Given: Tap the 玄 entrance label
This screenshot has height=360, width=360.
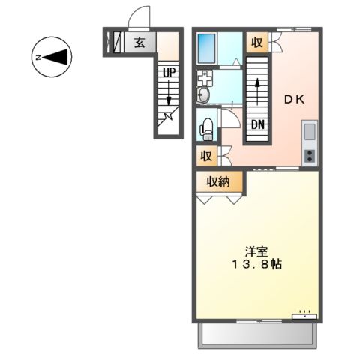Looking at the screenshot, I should coord(139,42).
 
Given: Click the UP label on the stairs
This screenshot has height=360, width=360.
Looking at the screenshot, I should coord(169,73).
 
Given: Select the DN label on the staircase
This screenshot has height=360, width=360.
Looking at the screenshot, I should coord(258,124).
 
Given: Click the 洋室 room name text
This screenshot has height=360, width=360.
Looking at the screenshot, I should coord(255,250).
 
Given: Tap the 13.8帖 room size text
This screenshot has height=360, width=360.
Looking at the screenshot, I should coord(256,265).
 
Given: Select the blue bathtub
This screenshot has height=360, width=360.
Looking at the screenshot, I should coord(206,49).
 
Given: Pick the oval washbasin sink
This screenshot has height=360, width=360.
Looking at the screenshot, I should coord(202,94).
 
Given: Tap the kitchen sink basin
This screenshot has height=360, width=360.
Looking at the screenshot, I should coord(310,133).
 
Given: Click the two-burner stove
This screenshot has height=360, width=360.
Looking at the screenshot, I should coord(310,155).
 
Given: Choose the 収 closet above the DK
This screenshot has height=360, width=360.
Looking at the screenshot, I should coord(257,42).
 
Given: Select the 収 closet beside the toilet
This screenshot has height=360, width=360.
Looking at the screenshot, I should coord(205,157).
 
